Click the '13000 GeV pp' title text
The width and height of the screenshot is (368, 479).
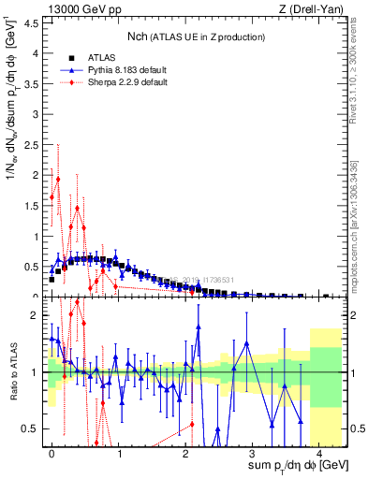pos(83,9)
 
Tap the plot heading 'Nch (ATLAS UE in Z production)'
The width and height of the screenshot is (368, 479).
pos(196,36)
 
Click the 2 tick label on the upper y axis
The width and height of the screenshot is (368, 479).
pos(37,175)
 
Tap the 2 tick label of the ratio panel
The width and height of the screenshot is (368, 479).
pos(37,315)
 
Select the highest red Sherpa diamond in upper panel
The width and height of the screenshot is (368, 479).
pos(58,179)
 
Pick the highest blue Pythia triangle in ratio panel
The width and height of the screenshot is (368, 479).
pos(199,327)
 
